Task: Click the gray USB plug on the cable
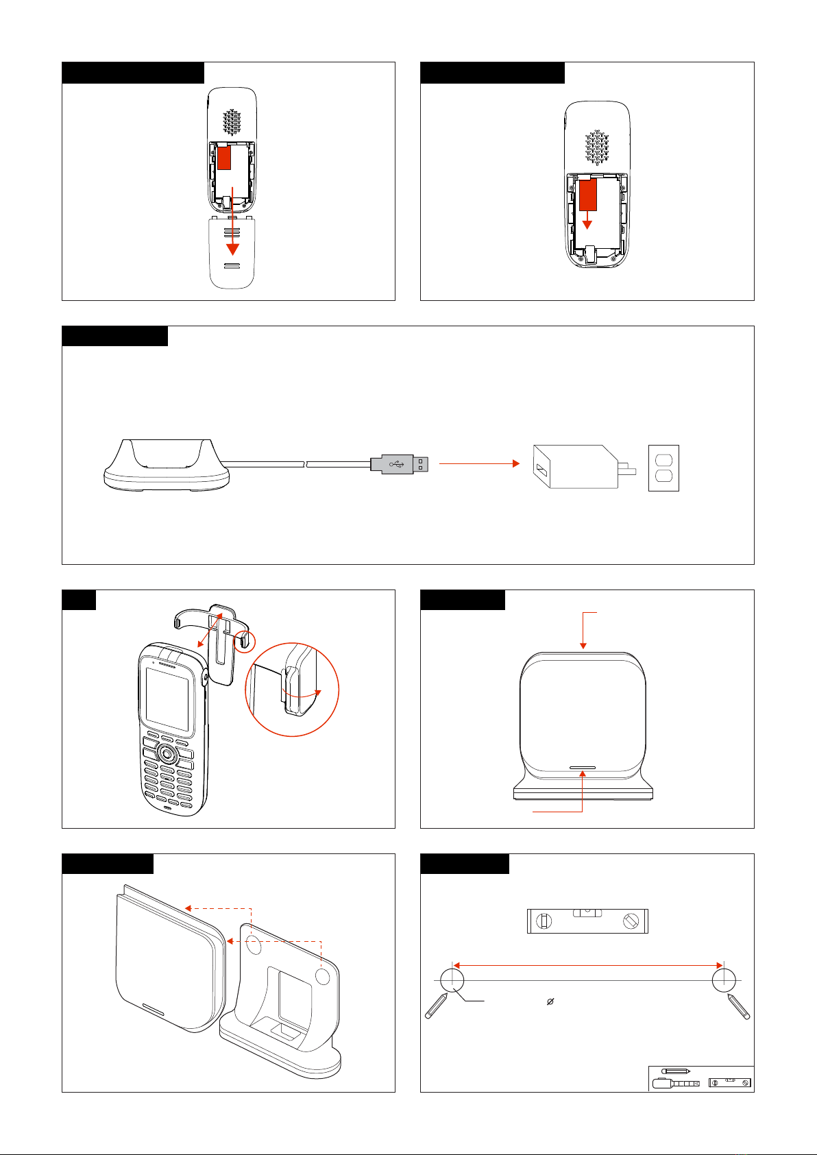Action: tap(401, 464)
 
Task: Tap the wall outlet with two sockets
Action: tap(663, 468)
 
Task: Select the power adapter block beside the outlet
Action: tap(576, 467)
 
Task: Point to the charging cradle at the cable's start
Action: tap(164, 466)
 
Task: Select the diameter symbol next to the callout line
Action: tap(550, 1001)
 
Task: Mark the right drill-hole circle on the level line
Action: tap(724, 980)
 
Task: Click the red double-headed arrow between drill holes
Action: tap(587, 965)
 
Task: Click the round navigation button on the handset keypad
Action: tap(166, 754)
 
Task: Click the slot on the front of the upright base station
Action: tap(582, 769)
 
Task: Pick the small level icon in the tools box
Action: tap(729, 1082)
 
